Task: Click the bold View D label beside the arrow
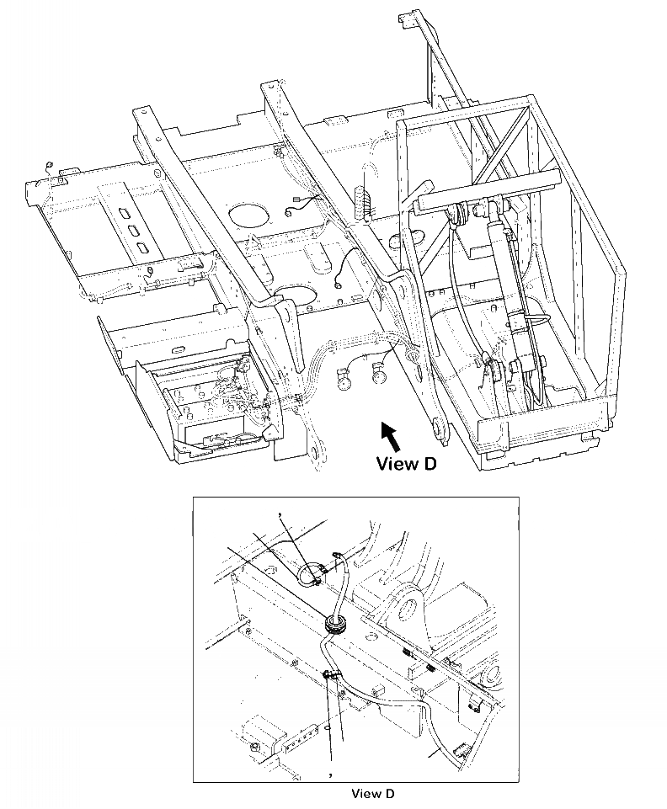pyautogui.click(x=406, y=463)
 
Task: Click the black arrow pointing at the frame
pyautogui.click(x=389, y=434)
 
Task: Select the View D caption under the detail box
pyautogui.click(x=372, y=793)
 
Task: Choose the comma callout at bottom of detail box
pyautogui.click(x=331, y=771)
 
